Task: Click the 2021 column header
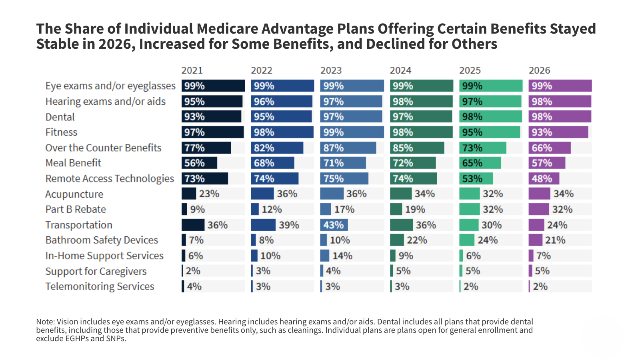(192, 70)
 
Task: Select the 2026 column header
(539, 70)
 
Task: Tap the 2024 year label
(400, 70)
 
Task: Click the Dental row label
(60, 117)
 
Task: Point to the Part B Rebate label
(76, 210)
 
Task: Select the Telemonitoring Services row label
(100, 287)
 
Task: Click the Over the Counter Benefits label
(103, 148)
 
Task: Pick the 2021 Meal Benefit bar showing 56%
(199, 163)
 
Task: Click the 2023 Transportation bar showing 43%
(334, 225)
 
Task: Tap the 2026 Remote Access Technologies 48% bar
(544, 179)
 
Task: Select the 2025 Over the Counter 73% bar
(482, 148)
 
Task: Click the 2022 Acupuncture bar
(262, 194)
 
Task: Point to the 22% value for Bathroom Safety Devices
(417, 240)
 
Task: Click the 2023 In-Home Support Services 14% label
(342, 256)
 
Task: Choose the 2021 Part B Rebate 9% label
(198, 210)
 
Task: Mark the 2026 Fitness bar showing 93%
(558, 132)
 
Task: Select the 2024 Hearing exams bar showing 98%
(421, 102)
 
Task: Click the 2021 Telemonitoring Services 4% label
(194, 287)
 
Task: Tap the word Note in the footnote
(44, 322)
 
